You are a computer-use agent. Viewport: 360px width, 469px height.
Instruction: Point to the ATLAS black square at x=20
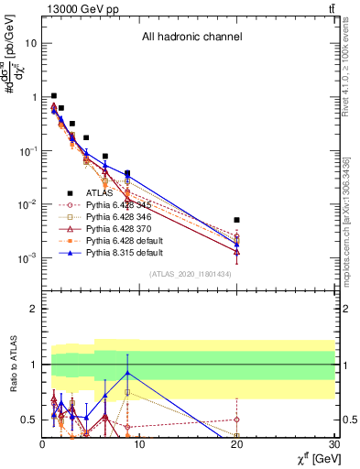point(237,220)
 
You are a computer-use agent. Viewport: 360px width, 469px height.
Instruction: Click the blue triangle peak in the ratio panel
point(127,373)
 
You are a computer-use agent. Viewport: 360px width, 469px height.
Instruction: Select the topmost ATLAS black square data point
point(54,95)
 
